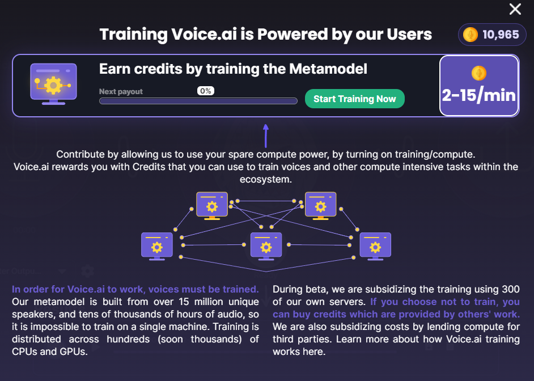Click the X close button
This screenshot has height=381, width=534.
tap(515, 9)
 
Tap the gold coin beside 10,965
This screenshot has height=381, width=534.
tap(471, 35)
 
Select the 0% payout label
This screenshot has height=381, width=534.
tap(206, 91)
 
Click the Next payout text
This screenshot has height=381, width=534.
tap(121, 92)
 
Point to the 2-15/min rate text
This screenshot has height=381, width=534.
tap(479, 95)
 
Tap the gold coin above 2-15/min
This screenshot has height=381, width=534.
tap(479, 73)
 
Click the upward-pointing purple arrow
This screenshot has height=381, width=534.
tap(266, 136)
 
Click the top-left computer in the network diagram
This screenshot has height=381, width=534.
tap(212, 206)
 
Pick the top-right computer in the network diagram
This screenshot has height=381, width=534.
tap(320, 206)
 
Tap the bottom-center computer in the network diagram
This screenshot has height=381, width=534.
tap(266, 247)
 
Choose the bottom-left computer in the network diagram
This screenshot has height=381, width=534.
tap(157, 247)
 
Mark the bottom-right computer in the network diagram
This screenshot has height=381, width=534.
tap(375, 247)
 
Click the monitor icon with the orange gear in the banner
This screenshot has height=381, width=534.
tap(53, 84)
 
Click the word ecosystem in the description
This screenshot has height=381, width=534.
tap(266, 179)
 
